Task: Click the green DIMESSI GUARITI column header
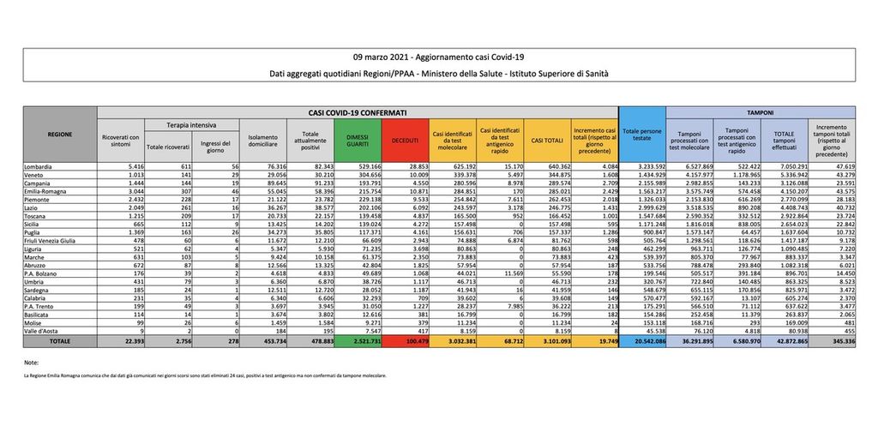click(358, 140)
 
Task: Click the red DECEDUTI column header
click(405, 140)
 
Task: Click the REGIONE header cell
click(60, 135)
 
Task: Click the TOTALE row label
click(60, 341)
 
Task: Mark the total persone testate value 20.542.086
click(641, 341)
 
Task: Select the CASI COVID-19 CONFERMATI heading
click(357, 112)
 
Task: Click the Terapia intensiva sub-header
click(191, 125)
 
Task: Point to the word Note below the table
click(32, 363)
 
